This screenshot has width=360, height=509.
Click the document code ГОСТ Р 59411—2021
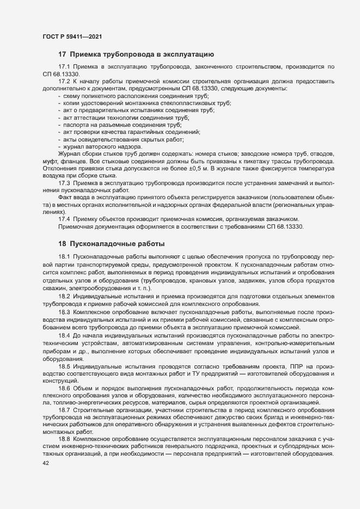(x=72, y=36)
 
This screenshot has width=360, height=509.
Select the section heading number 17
(x=62, y=54)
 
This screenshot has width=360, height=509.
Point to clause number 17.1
(x=64, y=66)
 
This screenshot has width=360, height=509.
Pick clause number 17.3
(x=64, y=183)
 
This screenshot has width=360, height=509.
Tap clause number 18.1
(x=64, y=256)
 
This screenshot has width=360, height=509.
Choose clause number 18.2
(x=64, y=296)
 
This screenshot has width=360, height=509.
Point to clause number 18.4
(x=64, y=338)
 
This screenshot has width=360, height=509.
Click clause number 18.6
(x=64, y=388)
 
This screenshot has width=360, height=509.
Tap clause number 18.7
(x=64, y=409)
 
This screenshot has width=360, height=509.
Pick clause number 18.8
(x=64, y=438)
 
